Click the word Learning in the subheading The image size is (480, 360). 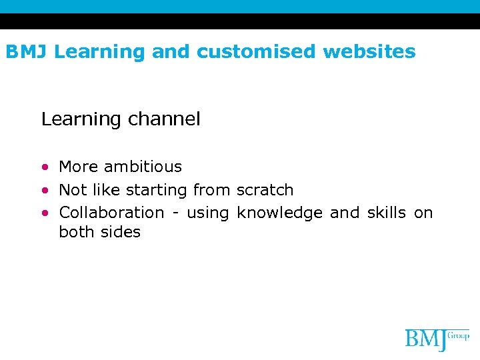tap(80, 119)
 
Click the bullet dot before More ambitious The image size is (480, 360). tap(45, 167)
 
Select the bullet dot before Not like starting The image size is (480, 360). tap(45, 190)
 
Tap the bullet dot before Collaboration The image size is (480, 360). tap(45, 213)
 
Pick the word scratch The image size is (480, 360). tap(265, 190)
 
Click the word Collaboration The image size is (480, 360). tap(111, 213)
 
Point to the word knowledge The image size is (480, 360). tap(280, 213)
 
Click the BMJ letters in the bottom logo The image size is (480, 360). tap(426, 339)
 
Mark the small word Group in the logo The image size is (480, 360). tap(459, 335)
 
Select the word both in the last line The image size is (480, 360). tap(77, 232)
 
